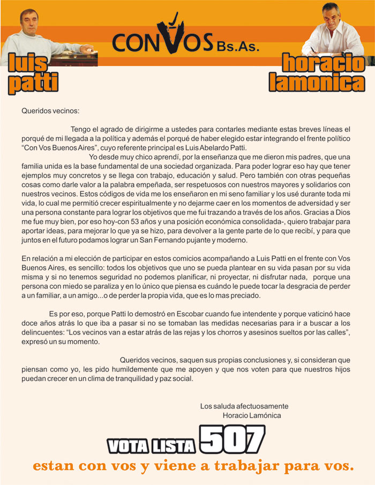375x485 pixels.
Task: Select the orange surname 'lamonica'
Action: [x=317, y=82]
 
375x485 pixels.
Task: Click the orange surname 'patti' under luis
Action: [x=33, y=83]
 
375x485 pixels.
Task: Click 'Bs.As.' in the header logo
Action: [x=238, y=46]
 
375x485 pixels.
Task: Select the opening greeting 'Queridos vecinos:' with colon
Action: [x=50, y=111]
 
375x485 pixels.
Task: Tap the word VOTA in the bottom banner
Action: [x=126, y=445]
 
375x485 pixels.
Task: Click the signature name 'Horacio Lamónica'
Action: [x=251, y=415]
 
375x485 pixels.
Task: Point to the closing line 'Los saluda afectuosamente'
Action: [x=244, y=406]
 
